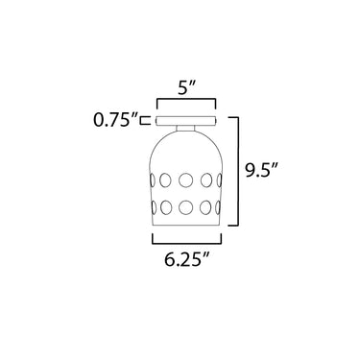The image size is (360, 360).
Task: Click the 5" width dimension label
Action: [x=186, y=87]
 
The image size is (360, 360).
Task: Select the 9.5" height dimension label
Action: [x=261, y=170]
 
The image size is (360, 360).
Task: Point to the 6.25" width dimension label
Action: [x=187, y=259]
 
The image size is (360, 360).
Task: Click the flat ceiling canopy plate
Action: [x=186, y=121]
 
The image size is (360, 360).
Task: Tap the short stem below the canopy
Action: [x=185, y=128]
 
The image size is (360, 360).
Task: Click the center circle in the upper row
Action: [x=185, y=180]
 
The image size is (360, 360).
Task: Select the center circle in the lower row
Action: [x=185, y=207]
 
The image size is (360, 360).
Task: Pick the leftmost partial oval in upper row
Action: [x=153, y=180]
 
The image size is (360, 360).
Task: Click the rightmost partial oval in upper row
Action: [x=219, y=180]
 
